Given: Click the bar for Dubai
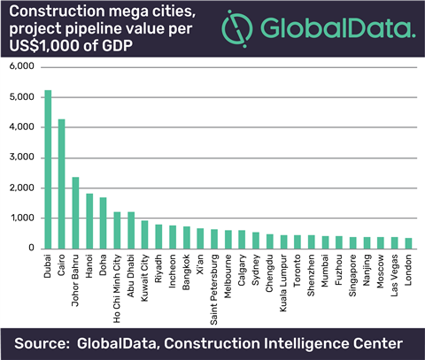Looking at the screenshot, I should [48, 169].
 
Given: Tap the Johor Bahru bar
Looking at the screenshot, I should [76, 212].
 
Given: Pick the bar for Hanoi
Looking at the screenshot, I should [89, 220].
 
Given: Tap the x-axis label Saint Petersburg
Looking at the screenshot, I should [215, 283].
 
